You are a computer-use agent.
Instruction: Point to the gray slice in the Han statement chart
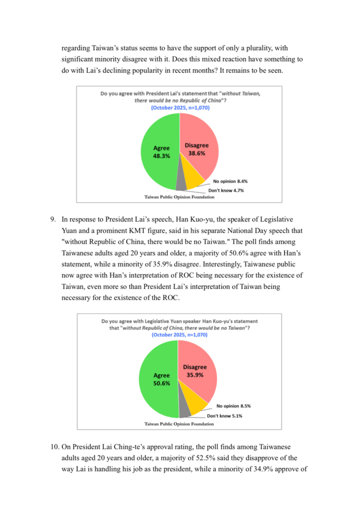[x=185, y=411]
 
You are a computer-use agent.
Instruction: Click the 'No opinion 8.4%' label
[x=230, y=181]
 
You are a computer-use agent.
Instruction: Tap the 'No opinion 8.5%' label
[x=234, y=405]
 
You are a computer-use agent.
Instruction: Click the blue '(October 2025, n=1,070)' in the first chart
[x=180, y=108]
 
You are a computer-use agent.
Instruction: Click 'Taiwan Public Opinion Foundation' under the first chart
[x=179, y=197]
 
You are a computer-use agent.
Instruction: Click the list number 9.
[x=52, y=219]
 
